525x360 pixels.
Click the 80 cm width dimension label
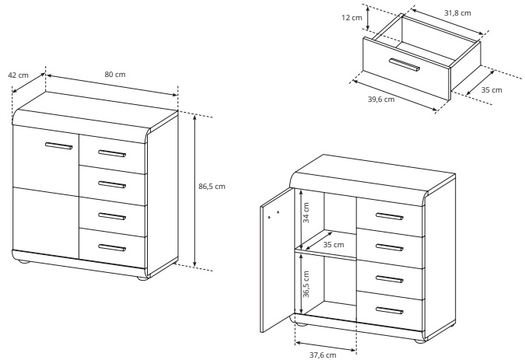point(115,75)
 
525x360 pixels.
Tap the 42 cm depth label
point(18,75)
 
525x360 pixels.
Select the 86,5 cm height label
point(212,187)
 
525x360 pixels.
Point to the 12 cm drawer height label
point(352,17)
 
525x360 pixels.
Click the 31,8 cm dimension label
point(457,13)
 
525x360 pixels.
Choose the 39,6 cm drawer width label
point(381,100)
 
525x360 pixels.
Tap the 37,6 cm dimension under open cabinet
point(323,355)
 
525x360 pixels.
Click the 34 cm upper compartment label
point(306,213)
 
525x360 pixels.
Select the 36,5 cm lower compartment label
point(306,284)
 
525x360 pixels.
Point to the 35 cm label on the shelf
point(334,245)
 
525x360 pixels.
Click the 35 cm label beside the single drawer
point(492,90)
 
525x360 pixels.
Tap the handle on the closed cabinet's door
point(59,145)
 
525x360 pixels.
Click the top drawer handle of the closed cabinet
point(112,153)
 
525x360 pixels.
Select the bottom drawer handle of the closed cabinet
point(112,247)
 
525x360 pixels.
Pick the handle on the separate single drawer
point(404,65)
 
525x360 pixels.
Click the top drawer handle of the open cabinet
point(389,216)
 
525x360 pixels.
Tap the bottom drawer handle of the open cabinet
point(389,310)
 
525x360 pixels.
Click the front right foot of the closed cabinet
point(142,278)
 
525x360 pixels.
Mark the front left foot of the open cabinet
point(300,324)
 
